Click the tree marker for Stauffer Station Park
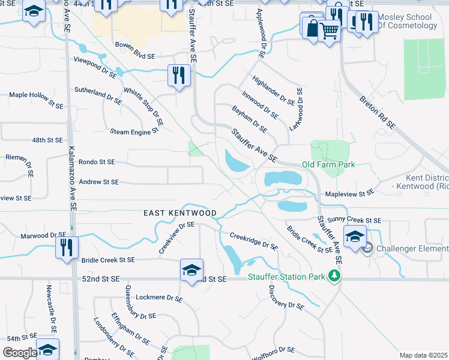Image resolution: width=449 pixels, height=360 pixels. [334, 276]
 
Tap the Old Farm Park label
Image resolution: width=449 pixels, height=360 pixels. [328, 164]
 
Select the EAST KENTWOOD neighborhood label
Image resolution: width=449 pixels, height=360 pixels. [179, 213]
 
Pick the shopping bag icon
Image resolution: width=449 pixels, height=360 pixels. [313, 27]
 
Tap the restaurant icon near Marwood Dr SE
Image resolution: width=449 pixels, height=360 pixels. [65, 247]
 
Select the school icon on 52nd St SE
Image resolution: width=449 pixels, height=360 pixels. [192, 270]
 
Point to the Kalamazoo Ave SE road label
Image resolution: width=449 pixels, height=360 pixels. [71, 179]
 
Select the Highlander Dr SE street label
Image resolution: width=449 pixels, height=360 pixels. [274, 91]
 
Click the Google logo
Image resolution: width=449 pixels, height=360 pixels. [20, 353]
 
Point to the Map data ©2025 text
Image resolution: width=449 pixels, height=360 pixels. [423, 355]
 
